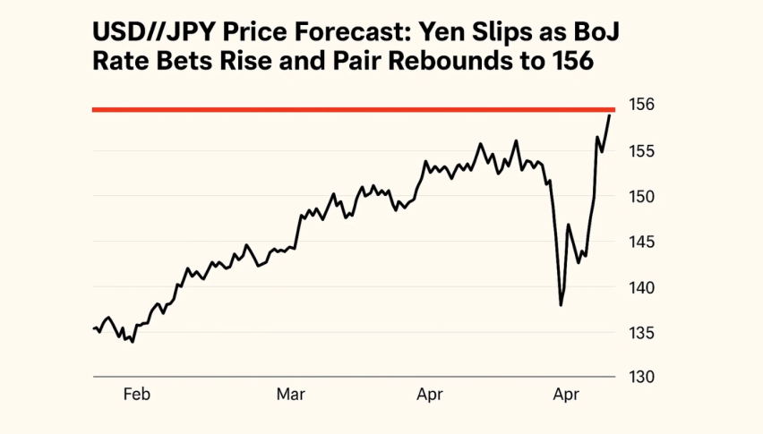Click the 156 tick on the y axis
642,105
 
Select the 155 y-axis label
642,150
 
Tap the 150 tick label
642,196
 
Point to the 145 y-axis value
642,242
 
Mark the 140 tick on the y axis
642,287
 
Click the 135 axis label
642,333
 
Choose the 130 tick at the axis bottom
642,378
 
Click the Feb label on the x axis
135,395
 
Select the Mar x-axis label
291,395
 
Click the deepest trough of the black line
561,305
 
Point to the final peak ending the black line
610,115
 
